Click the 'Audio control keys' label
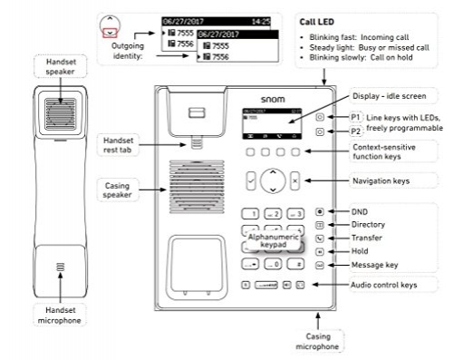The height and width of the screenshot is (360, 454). (x=385, y=286)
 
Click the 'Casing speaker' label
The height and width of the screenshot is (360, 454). (x=119, y=189)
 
